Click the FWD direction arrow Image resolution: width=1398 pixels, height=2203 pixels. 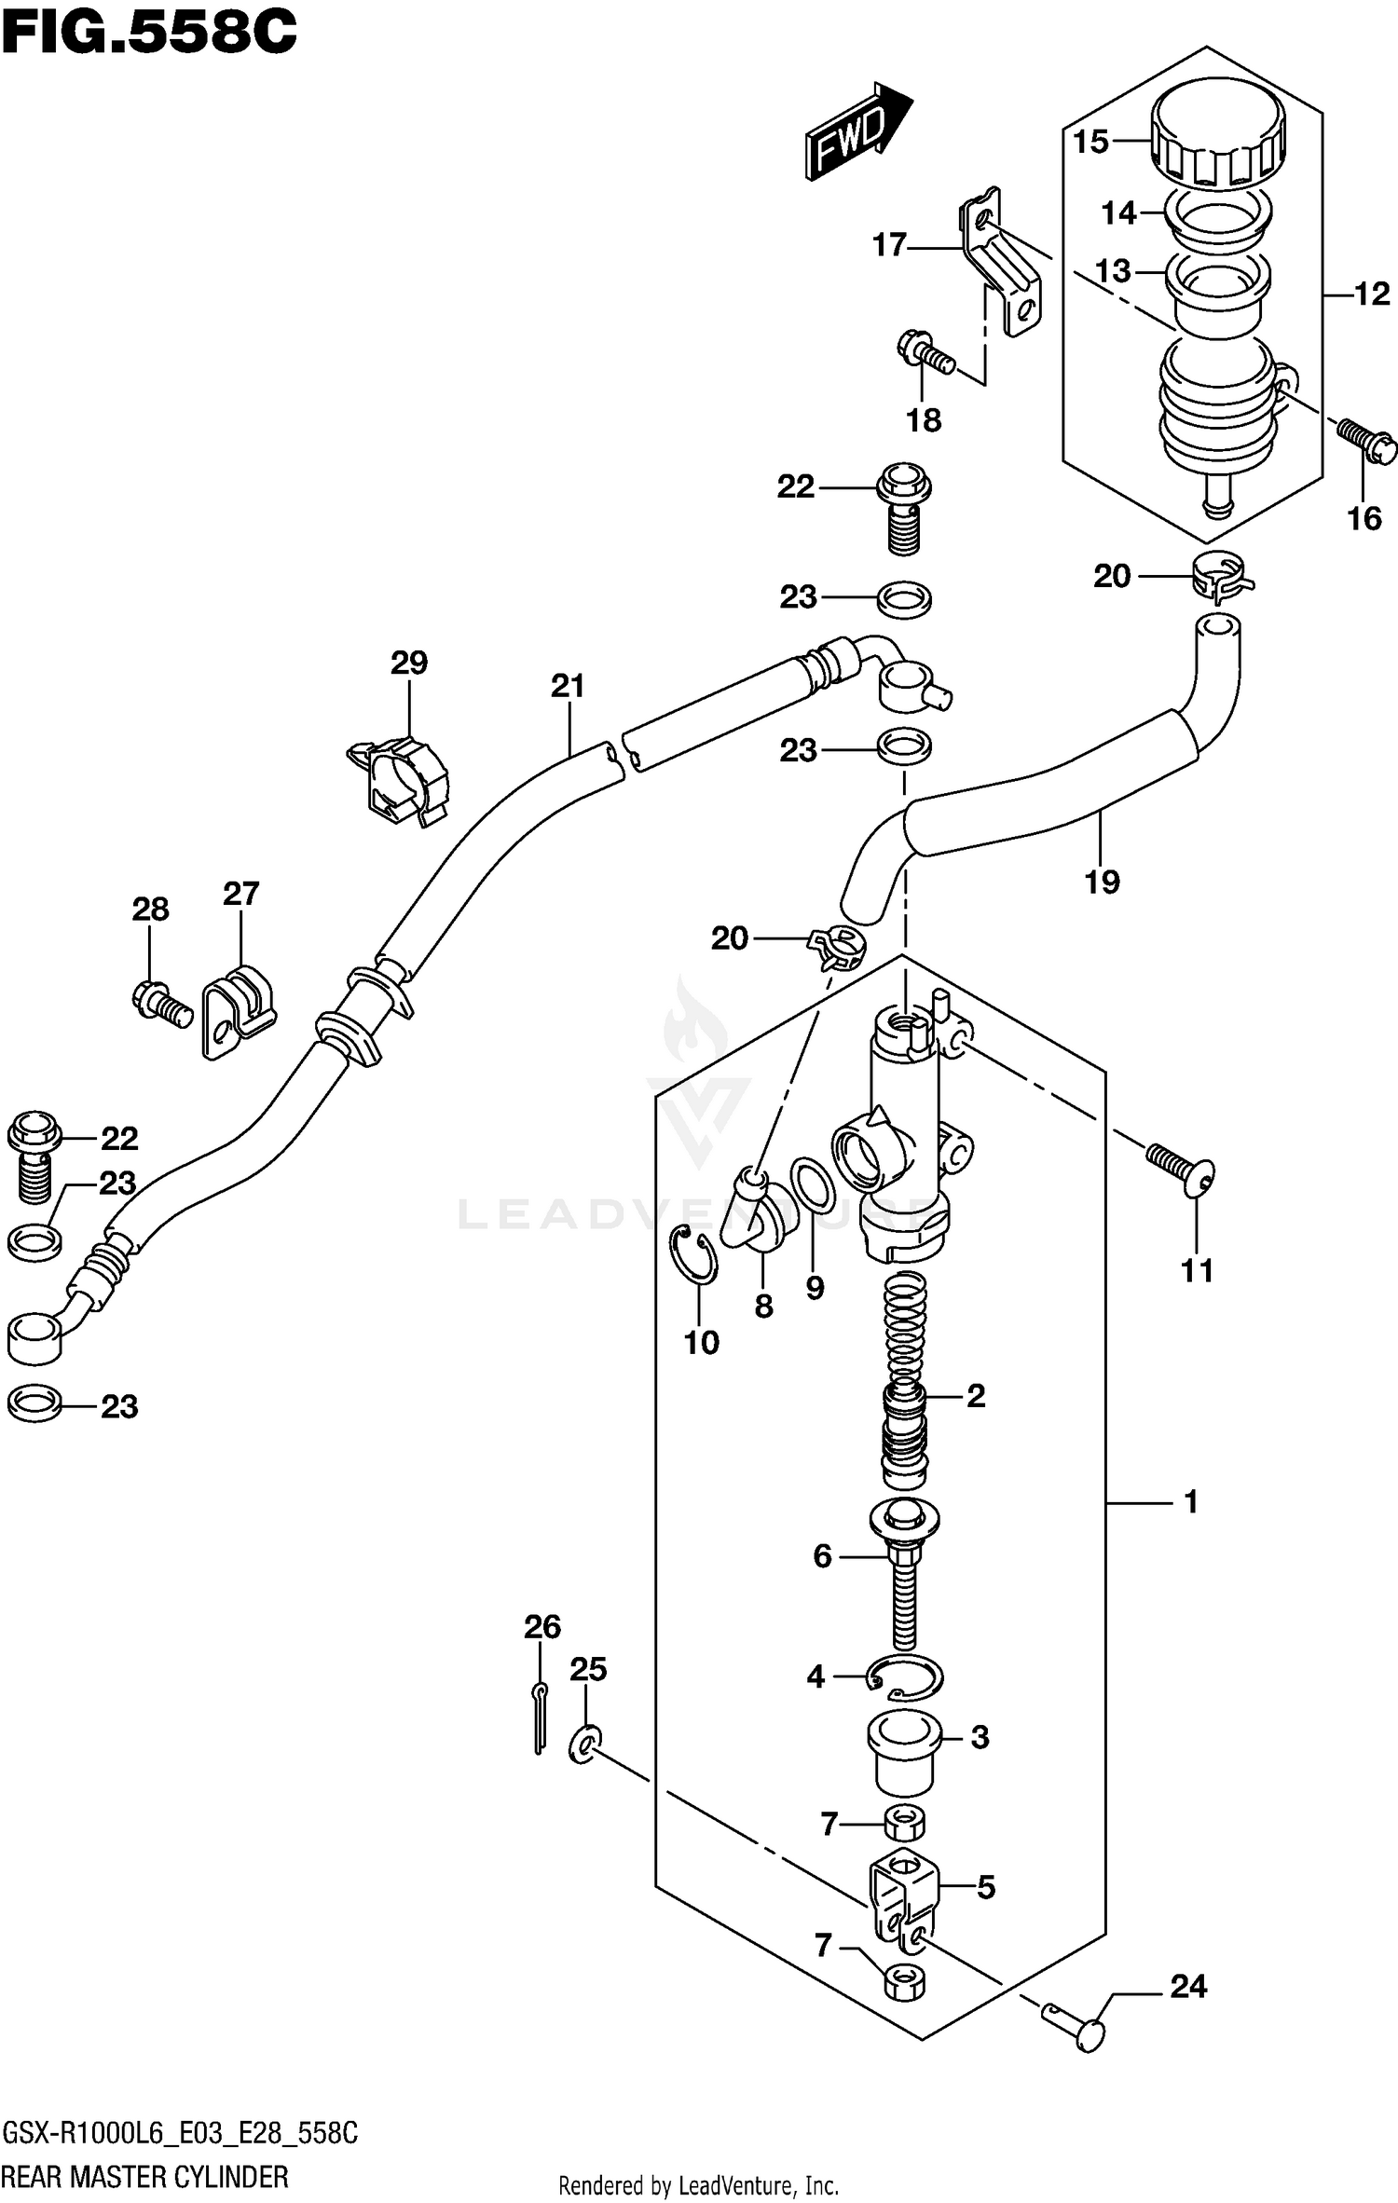coord(855,131)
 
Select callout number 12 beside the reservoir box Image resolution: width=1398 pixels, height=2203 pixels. coord(1371,294)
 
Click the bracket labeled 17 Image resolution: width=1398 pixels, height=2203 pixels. coord(1002,267)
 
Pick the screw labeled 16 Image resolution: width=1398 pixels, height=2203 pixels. coord(1366,440)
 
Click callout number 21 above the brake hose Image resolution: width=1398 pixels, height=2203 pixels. coord(567,686)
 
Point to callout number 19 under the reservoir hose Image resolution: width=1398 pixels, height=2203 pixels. coord(1102,882)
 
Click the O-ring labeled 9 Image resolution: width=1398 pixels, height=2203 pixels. coord(813,1185)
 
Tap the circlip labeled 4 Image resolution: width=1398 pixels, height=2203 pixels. coord(906,1678)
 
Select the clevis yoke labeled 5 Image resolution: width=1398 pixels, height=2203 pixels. coord(904,1892)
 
